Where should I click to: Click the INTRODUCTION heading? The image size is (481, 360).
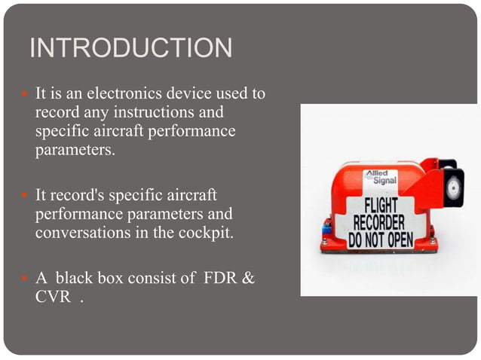(x=130, y=48)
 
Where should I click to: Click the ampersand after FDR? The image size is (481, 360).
(x=248, y=279)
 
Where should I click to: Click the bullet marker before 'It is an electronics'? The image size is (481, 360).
(x=23, y=96)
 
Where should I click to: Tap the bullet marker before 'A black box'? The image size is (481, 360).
(x=23, y=279)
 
